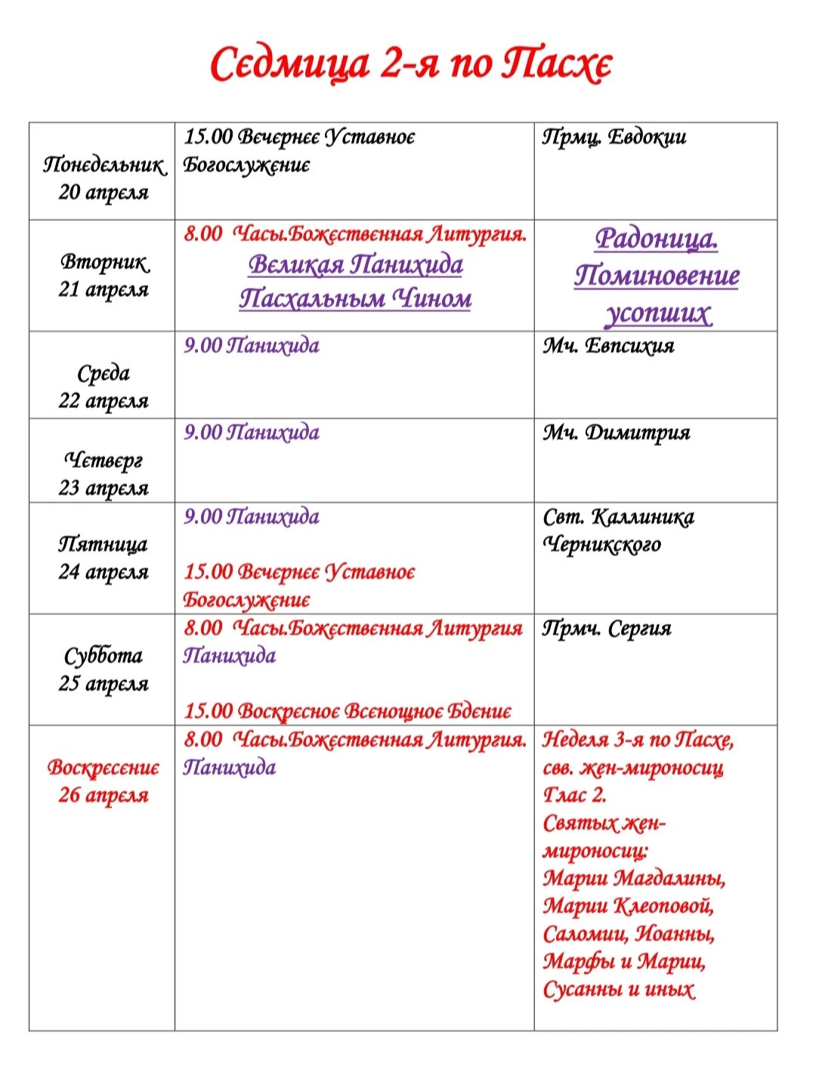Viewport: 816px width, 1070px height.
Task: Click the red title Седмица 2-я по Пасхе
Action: click(410, 64)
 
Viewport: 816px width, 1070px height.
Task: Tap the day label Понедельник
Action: click(104, 164)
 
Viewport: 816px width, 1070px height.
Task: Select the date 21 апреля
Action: click(104, 289)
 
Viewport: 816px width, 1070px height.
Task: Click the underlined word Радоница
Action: click(656, 239)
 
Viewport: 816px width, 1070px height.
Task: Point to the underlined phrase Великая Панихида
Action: click(355, 265)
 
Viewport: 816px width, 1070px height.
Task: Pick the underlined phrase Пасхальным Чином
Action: click(355, 298)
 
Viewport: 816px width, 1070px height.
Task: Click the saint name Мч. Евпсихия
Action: click(608, 346)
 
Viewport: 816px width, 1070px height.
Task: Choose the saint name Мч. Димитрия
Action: click(616, 433)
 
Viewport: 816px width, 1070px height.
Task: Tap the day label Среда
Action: click(104, 373)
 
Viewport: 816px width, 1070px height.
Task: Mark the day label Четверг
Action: click(104, 459)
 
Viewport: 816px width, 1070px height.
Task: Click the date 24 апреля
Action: click(104, 572)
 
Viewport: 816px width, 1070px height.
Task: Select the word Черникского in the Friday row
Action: click(601, 545)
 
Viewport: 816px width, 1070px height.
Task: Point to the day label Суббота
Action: click(104, 655)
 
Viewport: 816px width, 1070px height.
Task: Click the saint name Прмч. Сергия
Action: click(607, 629)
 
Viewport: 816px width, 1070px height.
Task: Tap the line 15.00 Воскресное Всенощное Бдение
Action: click(348, 711)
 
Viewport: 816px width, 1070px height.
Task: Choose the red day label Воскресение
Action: click(104, 768)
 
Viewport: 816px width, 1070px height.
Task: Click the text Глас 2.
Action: click(574, 795)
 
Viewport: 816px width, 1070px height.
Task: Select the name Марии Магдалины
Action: click(634, 879)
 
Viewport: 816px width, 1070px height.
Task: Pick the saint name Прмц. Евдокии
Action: click(614, 138)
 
